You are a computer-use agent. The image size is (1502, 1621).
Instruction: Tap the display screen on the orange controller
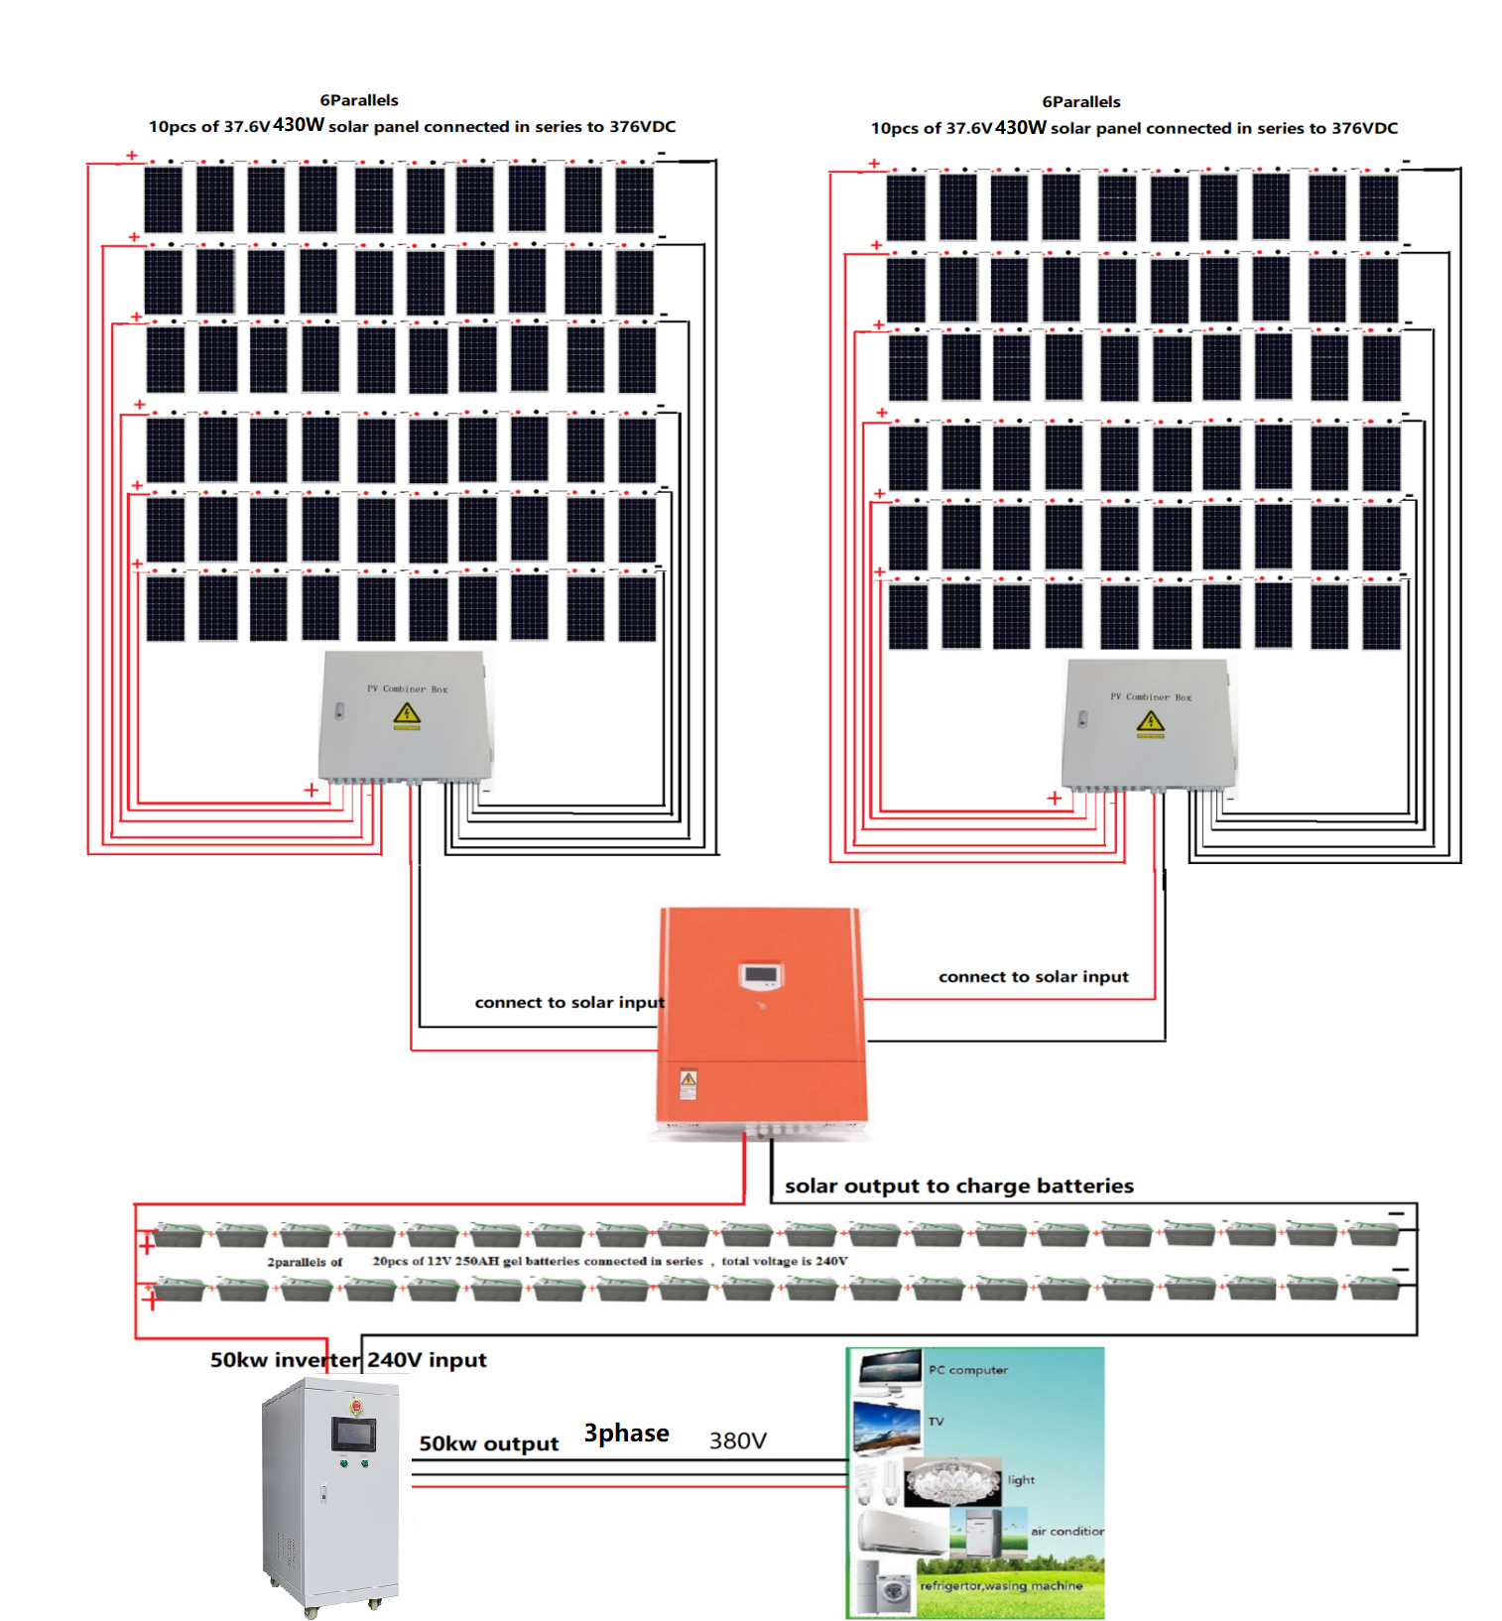click(x=761, y=976)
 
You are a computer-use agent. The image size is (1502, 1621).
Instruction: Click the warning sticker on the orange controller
click(x=688, y=1083)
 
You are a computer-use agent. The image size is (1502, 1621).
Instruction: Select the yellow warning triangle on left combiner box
click(x=407, y=714)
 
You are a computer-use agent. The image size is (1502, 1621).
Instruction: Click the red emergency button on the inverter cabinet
click(x=356, y=1406)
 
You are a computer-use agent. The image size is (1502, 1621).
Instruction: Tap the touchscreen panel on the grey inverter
click(x=354, y=1434)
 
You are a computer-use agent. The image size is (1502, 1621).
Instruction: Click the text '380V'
click(x=737, y=1440)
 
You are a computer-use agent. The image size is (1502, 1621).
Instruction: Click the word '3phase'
click(x=626, y=1434)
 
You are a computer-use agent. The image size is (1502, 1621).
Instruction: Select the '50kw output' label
click(x=488, y=1443)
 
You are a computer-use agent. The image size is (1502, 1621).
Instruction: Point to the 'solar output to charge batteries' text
click(x=958, y=1185)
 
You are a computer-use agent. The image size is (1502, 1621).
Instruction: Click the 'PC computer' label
click(x=967, y=1370)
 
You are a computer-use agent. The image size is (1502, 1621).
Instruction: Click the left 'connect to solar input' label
click(x=568, y=1002)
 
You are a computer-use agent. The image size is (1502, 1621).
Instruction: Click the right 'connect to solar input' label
click(x=1033, y=976)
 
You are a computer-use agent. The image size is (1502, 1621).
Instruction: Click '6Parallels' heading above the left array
click(x=358, y=100)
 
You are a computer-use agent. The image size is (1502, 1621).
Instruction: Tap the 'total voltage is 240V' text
click(x=784, y=1261)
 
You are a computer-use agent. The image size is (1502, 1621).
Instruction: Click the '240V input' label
click(x=427, y=1360)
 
